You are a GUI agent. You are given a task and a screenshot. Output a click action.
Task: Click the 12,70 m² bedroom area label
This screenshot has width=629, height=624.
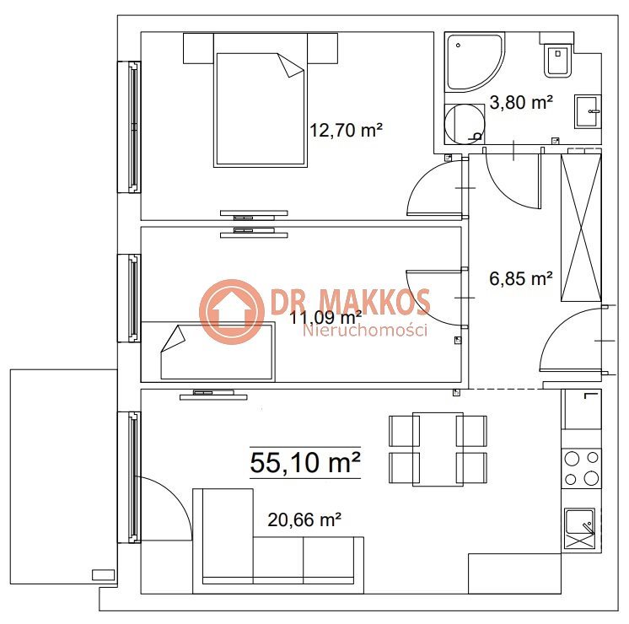(346, 130)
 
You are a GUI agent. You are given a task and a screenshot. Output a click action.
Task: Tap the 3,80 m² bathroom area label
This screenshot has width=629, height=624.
(521, 102)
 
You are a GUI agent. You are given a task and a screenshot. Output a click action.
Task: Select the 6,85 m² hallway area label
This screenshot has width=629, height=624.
(521, 278)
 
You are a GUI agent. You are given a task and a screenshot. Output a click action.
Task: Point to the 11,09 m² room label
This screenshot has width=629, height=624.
(325, 318)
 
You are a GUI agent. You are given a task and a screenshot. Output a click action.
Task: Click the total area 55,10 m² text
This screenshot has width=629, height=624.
(305, 463)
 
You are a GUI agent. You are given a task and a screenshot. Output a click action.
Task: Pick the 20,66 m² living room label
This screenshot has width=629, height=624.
(304, 519)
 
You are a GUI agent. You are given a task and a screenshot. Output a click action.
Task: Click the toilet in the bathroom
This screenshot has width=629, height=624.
(557, 59)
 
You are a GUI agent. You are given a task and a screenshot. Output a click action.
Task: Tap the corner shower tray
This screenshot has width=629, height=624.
(476, 62)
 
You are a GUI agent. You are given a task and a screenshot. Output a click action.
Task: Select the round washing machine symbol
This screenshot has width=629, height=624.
(465, 124)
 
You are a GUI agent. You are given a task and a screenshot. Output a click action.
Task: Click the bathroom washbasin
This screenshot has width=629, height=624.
(588, 111)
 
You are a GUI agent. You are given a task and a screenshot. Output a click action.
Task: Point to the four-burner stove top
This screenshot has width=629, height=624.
(581, 468)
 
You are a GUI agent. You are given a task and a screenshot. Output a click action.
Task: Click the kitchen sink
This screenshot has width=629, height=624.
(579, 529)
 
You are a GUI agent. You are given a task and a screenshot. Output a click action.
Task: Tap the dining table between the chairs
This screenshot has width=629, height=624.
(438, 449)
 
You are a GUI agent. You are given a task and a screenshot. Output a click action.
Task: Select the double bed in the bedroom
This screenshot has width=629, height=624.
(261, 100)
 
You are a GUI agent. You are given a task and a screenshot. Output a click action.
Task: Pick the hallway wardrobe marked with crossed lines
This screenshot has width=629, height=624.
(581, 228)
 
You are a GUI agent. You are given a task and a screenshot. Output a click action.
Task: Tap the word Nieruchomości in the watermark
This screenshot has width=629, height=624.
(364, 331)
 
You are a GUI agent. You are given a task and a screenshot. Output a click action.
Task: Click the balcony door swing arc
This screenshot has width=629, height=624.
(175, 496)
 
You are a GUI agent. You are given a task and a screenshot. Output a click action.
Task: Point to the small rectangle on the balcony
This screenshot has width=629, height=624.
(104, 574)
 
